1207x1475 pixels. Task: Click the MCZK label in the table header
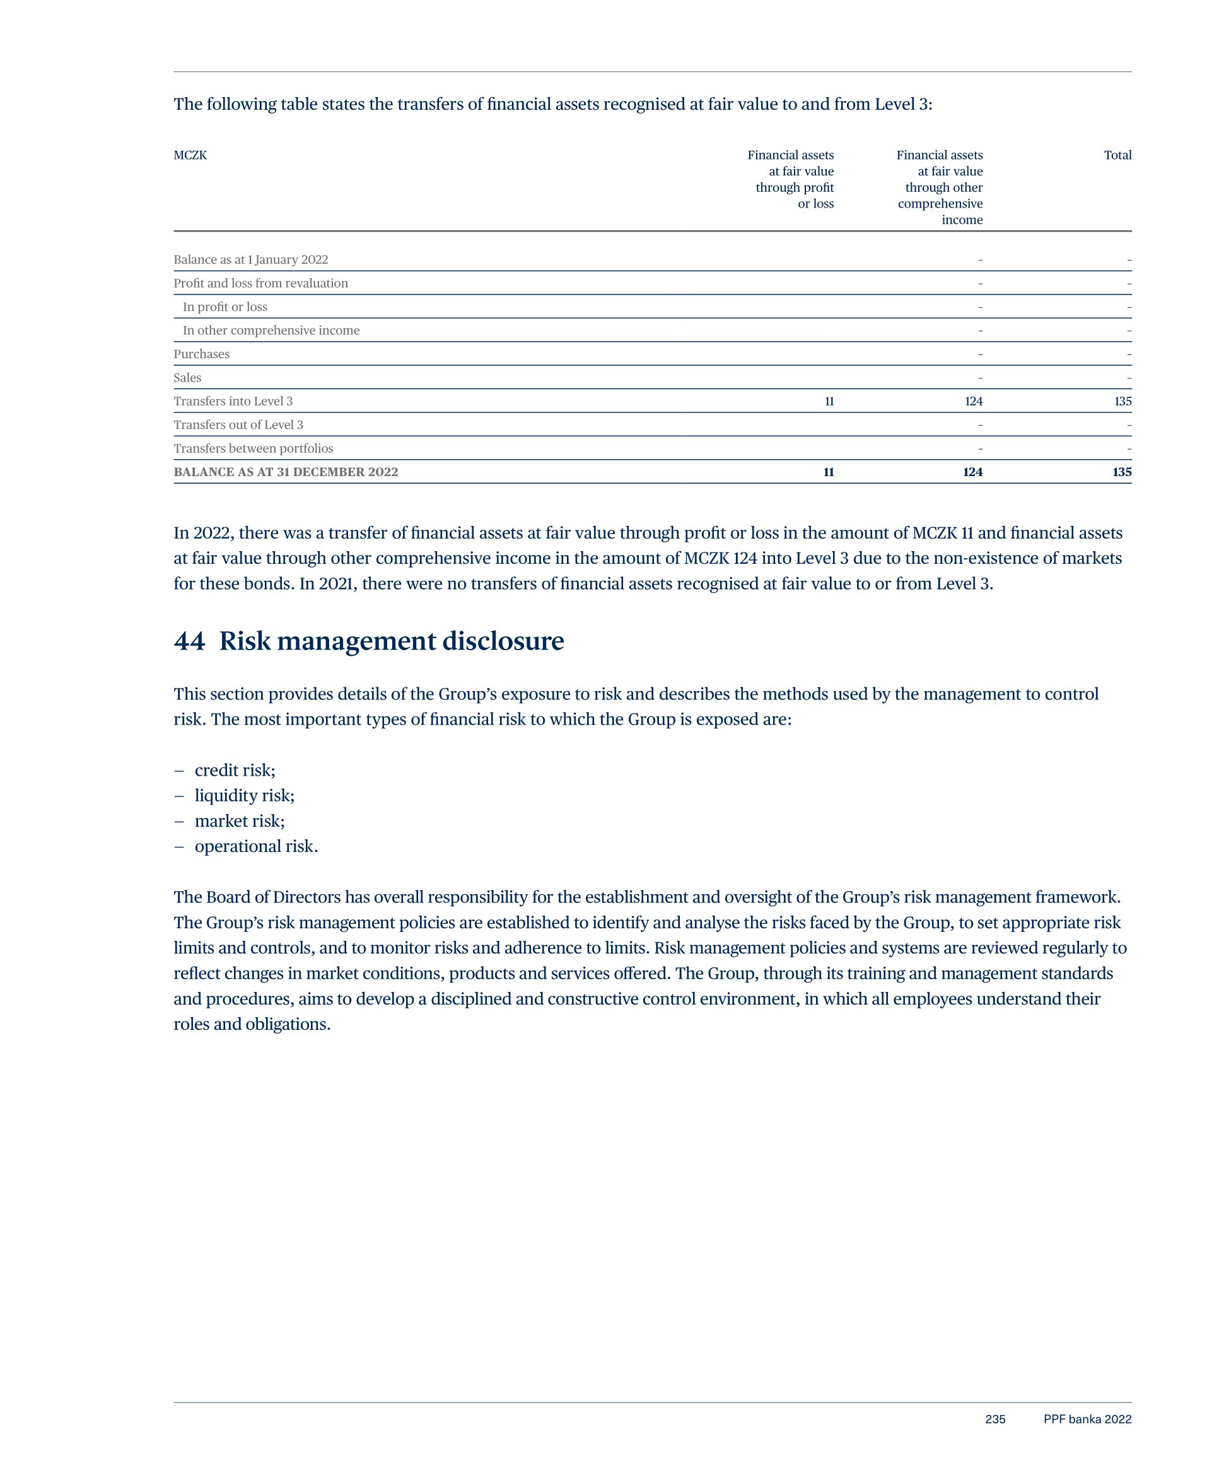click(190, 155)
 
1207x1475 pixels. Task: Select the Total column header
click(1117, 155)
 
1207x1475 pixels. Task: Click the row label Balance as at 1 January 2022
click(250, 259)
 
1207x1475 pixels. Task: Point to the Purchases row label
click(201, 354)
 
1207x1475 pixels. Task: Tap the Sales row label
click(187, 378)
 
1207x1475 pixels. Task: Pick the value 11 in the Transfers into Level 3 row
click(829, 401)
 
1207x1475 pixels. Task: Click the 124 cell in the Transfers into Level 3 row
click(974, 401)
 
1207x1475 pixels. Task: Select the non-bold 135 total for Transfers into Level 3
click(1122, 401)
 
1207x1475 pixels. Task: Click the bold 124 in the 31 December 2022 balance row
click(972, 472)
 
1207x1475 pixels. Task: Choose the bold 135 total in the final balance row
click(1121, 472)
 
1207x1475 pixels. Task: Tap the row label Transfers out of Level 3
click(238, 424)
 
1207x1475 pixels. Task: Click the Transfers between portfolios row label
click(253, 448)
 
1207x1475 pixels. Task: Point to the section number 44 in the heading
click(189, 641)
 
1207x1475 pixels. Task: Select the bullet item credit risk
click(235, 770)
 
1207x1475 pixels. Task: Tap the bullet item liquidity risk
click(244, 795)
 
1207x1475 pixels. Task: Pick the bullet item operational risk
click(256, 846)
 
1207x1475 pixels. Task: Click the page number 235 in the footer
click(995, 1420)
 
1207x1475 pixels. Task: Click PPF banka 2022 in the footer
click(1087, 1420)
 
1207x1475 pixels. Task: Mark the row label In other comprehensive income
click(271, 330)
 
